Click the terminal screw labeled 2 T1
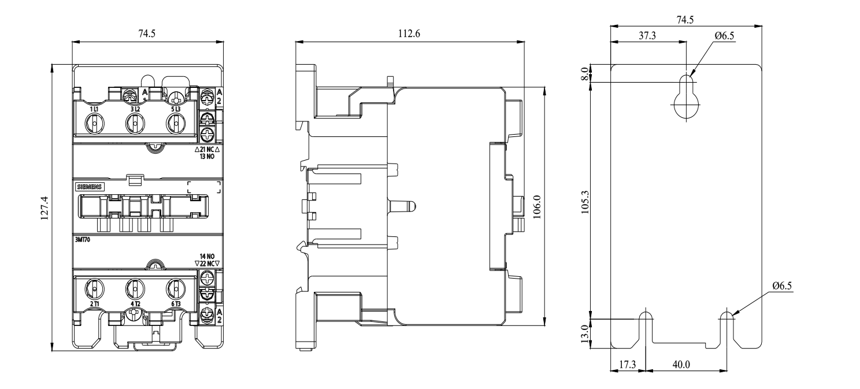[x=94, y=287]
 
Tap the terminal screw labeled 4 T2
[x=134, y=287]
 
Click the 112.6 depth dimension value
[x=408, y=34]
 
